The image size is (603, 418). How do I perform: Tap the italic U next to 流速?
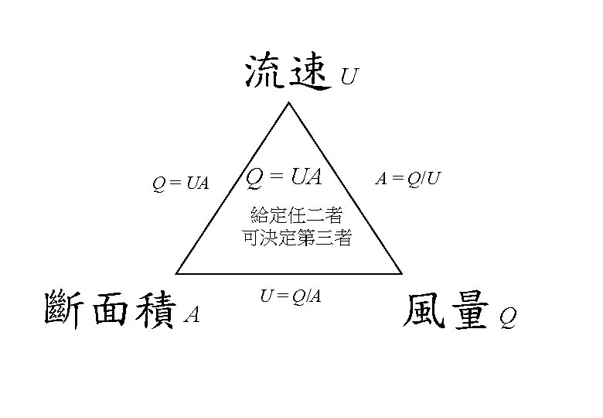[x=349, y=77]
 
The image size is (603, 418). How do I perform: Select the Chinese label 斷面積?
[x=109, y=309]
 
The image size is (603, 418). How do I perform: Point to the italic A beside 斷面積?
[x=193, y=315]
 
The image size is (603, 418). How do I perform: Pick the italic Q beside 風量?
[x=506, y=317]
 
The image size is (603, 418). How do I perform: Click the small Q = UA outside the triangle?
[x=180, y=183]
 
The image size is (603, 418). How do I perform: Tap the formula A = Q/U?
[x=408, y=180]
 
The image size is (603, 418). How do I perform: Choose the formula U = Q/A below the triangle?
[x=291, y=295]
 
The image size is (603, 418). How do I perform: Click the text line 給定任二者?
[x=297, y=215]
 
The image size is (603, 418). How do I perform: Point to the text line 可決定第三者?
[x=297, y=238]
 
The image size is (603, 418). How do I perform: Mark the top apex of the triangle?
[x=290, y=104]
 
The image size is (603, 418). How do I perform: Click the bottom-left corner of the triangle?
[x=177, y=273]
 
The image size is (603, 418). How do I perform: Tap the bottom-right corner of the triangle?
[x=402, y=273]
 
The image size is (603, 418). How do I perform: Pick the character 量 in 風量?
[x=468, y=310]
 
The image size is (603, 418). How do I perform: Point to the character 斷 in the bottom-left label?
[x=66, y=309]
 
